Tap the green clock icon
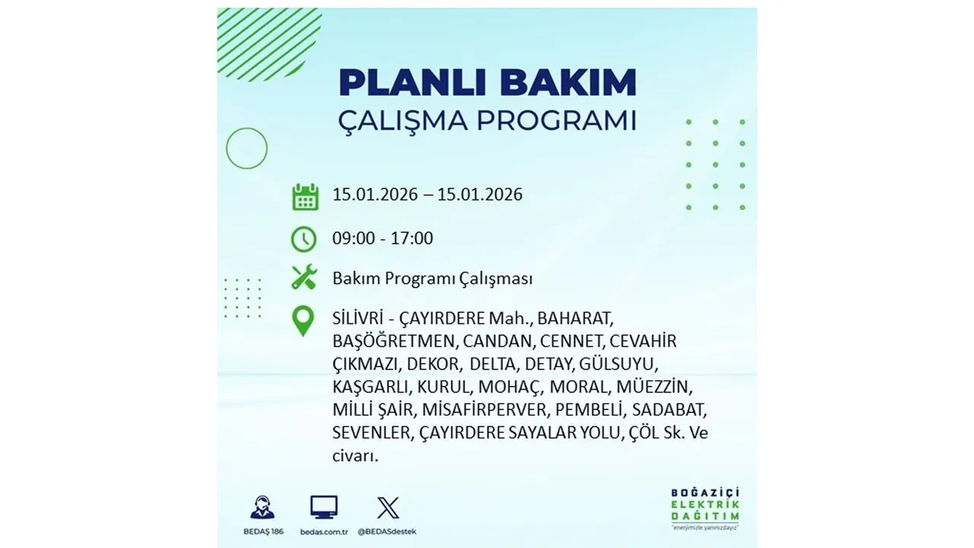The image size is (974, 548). click(x=304, y=239)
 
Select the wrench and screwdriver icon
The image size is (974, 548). click(x=304, y=278)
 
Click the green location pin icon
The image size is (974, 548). click(x=304, y=321)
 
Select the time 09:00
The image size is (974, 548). click(x=353, y=238)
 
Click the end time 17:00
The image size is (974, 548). click(x=412, y=238)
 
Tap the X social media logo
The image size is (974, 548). click(x=388, y=507)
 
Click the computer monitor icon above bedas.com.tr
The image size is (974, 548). click(x=324, y=507)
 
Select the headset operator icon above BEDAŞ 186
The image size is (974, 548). click(x=263, y=507)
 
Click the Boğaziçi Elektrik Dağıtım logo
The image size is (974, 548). click(x=701, y=508)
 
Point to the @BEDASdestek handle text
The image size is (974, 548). click(x=390, y=531)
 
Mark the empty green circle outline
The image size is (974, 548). click(x=247, y=148)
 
